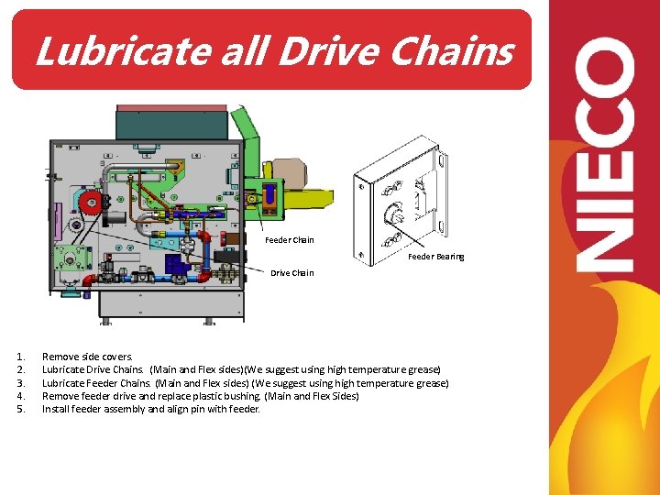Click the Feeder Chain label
(290, 240)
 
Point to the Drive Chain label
(291, 272)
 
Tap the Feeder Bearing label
(436, 257)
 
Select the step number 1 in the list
(20, 357)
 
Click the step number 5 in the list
(20, 409)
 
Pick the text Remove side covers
(87, 357)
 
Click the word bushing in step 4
(239, 396)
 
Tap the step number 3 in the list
(20, 383)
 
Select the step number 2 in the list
(20, 369)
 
